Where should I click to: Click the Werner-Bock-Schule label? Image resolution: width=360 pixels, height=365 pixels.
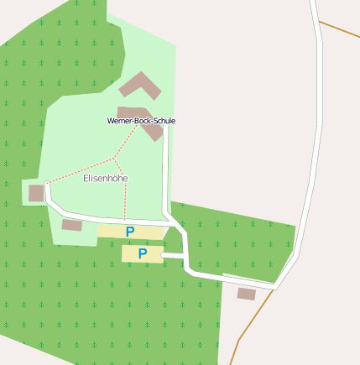[141, 121]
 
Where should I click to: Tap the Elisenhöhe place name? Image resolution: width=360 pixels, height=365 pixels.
[106, 179]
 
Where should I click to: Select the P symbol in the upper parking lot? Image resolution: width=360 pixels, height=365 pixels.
[130, 231]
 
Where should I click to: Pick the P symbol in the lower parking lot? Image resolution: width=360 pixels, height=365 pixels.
[142, 253]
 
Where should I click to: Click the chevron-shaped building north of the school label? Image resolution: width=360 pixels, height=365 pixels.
[139, 85]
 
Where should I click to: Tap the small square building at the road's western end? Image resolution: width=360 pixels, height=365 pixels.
[36, 193]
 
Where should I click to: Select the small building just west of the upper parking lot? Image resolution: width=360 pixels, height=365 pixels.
[72, 225]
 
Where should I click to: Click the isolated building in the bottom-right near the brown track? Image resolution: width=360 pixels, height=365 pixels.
[246, 294]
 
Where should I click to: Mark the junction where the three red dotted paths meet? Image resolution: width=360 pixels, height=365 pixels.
[113, 158]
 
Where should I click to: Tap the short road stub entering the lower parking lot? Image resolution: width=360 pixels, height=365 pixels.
[174, 254]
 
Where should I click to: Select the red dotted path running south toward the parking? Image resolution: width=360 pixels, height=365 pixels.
[125, 197]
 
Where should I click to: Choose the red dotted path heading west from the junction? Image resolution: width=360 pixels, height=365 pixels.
[80, 169]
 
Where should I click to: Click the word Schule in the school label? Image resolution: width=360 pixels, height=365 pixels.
[164, 121]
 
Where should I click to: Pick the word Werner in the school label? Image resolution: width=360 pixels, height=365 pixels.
[119, 121]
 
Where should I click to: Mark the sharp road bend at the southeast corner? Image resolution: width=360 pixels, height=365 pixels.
[276, 287]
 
